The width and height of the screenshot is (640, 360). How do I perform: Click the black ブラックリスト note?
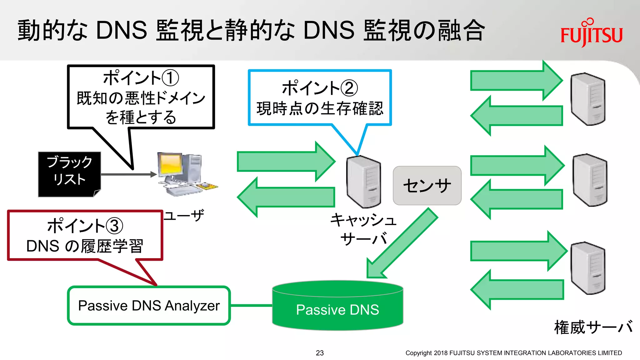point(69,174)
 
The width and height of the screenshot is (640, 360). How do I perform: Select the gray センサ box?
point(427,185)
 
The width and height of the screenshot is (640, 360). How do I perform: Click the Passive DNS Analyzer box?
point(149,305)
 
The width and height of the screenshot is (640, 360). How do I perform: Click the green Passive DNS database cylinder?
point(337,308)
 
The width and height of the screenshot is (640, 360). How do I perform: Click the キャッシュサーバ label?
point(363,229)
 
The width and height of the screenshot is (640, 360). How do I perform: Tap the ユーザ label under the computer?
point(184,216)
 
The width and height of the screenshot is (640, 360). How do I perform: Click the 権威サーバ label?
point(593,327)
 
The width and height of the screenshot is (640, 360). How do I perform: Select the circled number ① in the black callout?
point(171,78)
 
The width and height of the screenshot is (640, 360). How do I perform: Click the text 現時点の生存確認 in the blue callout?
point(320,108)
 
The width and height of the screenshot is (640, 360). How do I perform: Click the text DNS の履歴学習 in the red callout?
point(85,246)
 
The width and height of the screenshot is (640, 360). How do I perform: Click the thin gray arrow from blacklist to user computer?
point(128,174)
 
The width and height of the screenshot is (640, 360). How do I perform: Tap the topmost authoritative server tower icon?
point(588,99)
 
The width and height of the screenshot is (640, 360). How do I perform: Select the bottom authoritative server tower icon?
point(588,268)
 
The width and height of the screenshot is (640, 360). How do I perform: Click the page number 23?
point(320,353)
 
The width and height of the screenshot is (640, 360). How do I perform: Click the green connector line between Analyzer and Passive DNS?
point(251,305)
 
